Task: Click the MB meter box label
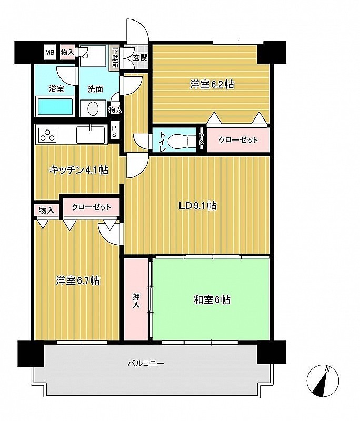click(49, 52)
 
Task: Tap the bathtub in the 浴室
click(56, 107)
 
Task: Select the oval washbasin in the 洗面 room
click(93, 109)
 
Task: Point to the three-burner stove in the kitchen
click(48, 135)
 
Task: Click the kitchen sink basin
click(91, 135)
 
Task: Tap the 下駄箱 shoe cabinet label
click(115, 58)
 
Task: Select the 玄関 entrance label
click(140, 57)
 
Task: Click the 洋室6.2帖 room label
click(212, 85)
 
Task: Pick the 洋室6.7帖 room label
click(78, 280)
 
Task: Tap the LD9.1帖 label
click(198, 206)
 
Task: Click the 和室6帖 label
click(212, 299)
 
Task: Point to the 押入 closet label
click(136, 300)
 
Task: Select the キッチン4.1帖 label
click(79, 170)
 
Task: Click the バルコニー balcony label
click(145, 364)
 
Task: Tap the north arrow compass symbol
click(323, 380)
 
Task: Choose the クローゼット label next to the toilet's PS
click(238, 140)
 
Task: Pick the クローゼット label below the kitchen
click(91, 207)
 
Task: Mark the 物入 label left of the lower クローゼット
click(47, 210)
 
